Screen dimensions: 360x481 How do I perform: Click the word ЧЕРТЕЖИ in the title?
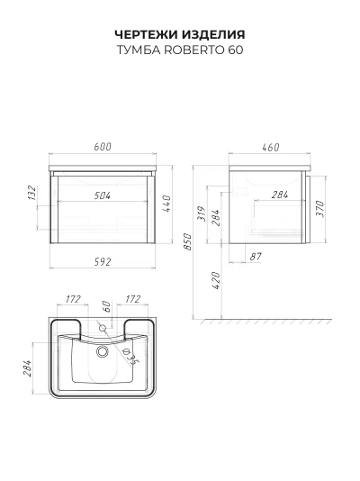[x=147, y=34]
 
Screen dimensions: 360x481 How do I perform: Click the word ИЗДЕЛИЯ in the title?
[x=213, y=34]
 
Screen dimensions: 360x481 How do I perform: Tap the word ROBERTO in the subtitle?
[x=194, y=50]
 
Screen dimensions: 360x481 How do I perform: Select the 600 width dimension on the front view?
[x=103, y=147]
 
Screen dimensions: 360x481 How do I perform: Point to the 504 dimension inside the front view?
[x=103, y=195]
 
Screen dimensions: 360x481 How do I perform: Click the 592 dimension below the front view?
[x=103, y=262]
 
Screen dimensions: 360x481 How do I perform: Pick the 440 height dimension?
[x=166, y=204]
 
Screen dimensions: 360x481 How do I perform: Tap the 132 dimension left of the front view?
[x=32, y=193]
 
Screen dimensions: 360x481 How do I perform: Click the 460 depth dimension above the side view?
[x=271, y=147]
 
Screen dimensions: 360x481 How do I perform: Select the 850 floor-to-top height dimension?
[x=187, y=241]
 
